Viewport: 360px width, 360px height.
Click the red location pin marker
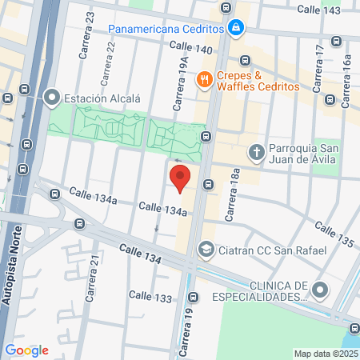click(x=180, y=178)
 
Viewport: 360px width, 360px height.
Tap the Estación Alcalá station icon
click(x=53, y=98)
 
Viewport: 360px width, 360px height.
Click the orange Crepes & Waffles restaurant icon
click(x=205, y=78)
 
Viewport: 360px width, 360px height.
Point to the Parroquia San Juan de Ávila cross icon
click(x=256, y=151)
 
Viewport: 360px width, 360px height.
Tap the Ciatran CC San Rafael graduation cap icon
click(x=206, y=250)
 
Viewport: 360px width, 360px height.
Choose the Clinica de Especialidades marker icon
click(x=322, y=289)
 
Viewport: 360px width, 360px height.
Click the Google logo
click(x=26, y=350)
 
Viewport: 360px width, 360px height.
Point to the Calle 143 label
click(x=319, y=10)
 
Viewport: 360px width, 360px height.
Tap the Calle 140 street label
click(x=190, y=49)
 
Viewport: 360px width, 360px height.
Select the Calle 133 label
click(x=150, y=298)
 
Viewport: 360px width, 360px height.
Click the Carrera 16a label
click(x=346, y=72)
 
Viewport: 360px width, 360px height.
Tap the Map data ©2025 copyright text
click(x=326, y=354)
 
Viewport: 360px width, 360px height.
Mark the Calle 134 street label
click(x=142, y=257)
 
